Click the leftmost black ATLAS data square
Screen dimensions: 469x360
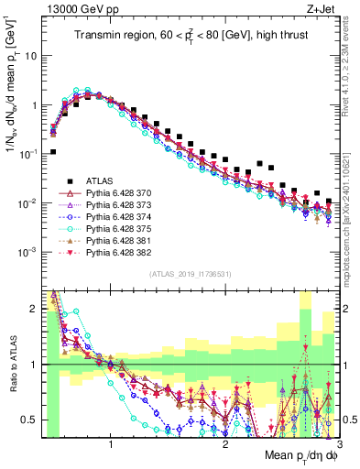pos(53,152)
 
